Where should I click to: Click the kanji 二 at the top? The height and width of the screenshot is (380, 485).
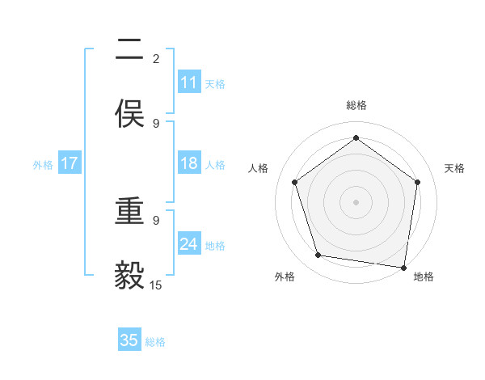coord(129,51)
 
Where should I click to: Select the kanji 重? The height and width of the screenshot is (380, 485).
coord(129,212)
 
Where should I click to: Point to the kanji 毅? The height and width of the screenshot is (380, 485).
coord(129,275)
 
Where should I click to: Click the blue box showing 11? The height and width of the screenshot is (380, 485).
coord(188,82)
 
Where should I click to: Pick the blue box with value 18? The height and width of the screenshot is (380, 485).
coord(188,163)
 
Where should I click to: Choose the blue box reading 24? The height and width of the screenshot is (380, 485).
coord(188,244)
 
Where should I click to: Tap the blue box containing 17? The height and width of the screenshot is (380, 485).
coord(69,163)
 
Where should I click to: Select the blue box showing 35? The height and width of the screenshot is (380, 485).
coord(129,340)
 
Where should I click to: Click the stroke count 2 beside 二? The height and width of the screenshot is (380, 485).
coord(156,59)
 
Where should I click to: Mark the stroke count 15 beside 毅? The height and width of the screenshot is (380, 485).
coord(156,285)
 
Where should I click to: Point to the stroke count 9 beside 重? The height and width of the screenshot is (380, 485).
coord(156,220)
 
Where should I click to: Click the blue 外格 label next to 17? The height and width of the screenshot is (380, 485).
coord(43,164)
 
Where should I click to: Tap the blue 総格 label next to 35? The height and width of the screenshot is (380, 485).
coord(155,341)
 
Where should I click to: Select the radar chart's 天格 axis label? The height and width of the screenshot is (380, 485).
coord(454,168)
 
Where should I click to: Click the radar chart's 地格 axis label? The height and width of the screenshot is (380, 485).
coord(423,277)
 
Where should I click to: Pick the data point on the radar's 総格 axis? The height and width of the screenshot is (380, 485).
coord(356,138)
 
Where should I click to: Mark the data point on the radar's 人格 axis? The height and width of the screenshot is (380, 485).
coord(295,182)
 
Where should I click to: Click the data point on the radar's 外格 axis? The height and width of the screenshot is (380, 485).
coord(318,255)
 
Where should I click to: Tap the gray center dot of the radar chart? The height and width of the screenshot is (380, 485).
coord(356,201)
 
